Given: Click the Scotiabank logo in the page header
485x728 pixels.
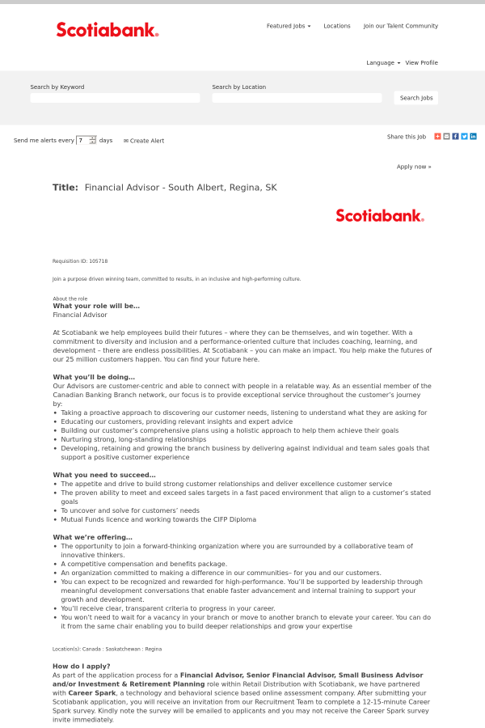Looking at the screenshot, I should tap(108, 30).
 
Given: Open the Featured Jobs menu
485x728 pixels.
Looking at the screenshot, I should tap(288, 26).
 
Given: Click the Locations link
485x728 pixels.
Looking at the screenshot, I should tap(337, 26).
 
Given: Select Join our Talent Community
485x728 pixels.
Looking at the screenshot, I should tap(400, 26).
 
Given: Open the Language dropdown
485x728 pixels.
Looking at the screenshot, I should tap(382, 62).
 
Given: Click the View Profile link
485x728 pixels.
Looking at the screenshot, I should tap(421, 62).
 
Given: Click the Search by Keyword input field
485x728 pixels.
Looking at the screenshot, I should tap(115, 98).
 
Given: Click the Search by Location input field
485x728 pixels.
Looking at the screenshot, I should tap(297, 98).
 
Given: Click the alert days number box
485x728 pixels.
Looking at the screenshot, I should tap(82, 140).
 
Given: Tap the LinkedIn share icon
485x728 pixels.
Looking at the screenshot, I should tap(473, 137).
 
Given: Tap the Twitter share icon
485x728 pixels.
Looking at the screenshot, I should tap(464, 137).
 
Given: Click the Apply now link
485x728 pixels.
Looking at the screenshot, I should tap(414, 167).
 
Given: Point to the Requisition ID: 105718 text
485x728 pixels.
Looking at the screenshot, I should tap(80, 261).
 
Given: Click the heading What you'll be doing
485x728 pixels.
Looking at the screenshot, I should tap(94, 377).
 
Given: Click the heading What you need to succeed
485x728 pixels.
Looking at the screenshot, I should tap(104, 475).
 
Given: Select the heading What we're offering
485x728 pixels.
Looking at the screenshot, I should tap(92, 537).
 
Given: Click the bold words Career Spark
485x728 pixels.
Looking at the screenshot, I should tap(91, 692).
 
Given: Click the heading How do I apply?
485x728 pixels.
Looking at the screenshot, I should tap(82, 666).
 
